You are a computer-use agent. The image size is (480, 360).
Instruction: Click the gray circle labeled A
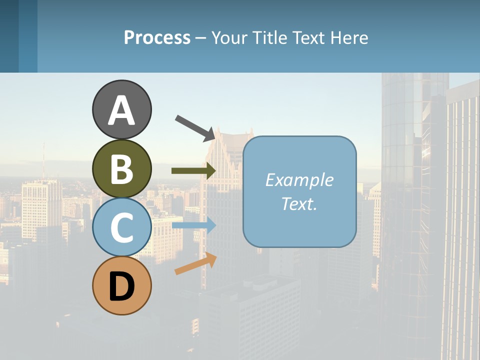click(x=122, y=110)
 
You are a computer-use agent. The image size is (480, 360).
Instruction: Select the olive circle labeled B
click(x=122, y=168)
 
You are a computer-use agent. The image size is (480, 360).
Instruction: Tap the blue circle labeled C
click(x=122, y=227)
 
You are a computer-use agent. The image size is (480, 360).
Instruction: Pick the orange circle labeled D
click(x=122, y=285)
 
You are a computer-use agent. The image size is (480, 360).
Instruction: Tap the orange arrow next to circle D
click(x=195, y=263)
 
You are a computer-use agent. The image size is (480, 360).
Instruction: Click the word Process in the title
click(x=157, y=37)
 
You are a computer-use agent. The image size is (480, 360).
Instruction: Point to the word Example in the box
click(x=299, y=180)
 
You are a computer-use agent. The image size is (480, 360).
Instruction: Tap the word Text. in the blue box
click(x=299, y=203)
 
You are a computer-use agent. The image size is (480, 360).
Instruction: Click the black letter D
click(x=122, y=286)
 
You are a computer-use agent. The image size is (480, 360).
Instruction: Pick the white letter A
click(x=122, y=110)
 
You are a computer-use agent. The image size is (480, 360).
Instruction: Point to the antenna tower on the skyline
click(x=43, y=160)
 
